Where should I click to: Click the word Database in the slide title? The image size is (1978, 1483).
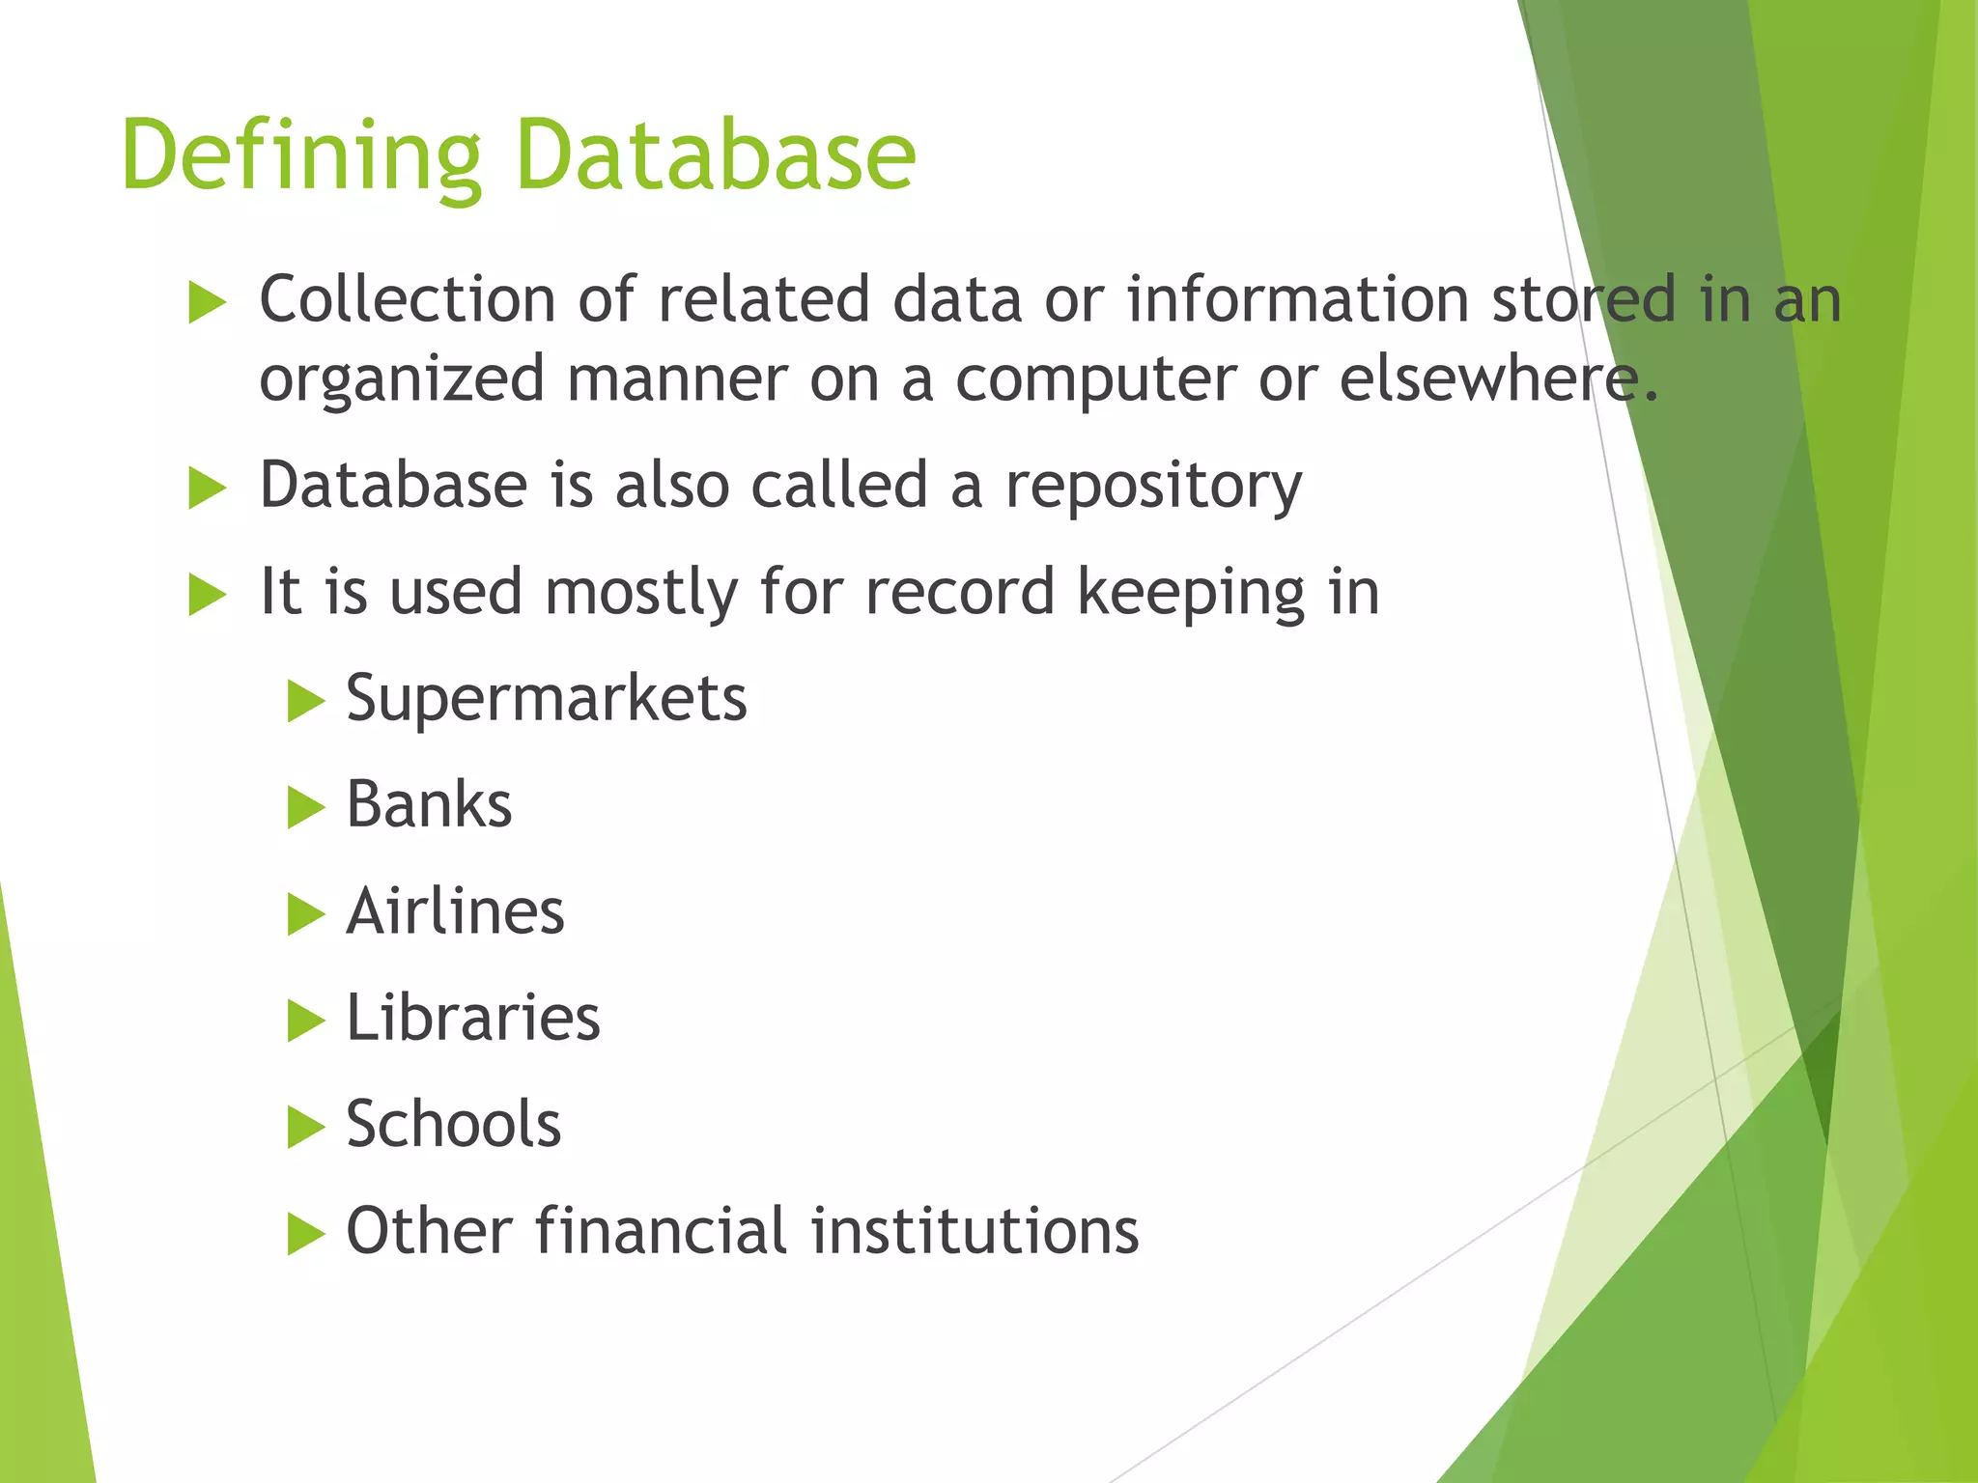click(716, 154)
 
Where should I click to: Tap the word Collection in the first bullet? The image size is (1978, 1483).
click(407, 298)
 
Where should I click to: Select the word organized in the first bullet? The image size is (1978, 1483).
click(402, 379)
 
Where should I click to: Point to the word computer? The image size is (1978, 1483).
click(1095, 379)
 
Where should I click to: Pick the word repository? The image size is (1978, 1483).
click(1153, 486)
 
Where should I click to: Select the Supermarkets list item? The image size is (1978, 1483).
click(546, 698)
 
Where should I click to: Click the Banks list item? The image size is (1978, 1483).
click(429, 804)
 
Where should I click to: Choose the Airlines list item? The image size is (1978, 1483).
click(455, 911)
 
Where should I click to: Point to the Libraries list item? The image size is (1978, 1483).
click(473, 1018)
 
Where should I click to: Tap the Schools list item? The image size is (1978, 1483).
click(453, 1125)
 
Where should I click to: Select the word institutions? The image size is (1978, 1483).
click(975, 1231)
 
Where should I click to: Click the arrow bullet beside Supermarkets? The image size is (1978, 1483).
click(305, 701)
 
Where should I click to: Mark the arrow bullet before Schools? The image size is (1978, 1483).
click(305, 1128)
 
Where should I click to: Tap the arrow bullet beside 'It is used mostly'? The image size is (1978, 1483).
click(207, 595)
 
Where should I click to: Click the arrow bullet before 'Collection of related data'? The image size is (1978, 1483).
click(207, 302)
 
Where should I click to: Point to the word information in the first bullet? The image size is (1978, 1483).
click(1297, 298)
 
